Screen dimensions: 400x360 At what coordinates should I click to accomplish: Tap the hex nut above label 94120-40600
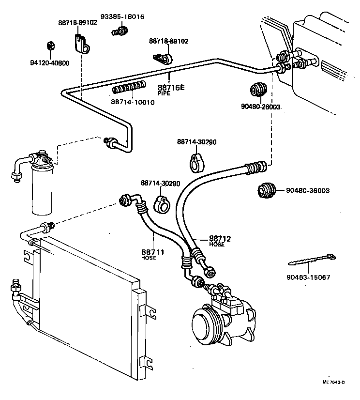pyautogui.click(x=49, y=46)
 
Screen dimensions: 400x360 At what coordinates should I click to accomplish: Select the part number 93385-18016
pyautogui.click(x=122, y=17)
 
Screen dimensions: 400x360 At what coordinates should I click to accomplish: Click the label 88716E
pyautogui.click(x=171, y=88)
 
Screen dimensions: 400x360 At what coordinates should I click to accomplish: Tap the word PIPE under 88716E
pyautogui.click(x=165, y=93)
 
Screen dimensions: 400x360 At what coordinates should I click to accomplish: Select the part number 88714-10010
pyautogui.click(x=133, y=102)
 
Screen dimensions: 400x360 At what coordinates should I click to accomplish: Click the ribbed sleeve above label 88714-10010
pyautogui.click(x=129, y=89)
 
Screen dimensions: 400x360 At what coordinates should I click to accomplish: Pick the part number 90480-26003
pyautogui.click(x=261, y=107)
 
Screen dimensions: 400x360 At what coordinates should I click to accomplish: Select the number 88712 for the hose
pyautogui.click(x=220, y=239)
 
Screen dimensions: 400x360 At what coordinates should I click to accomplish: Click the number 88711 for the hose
pyautogui.click(x=152, y=252)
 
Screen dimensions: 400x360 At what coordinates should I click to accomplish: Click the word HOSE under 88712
pyautogui.click(x=216, y=245)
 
